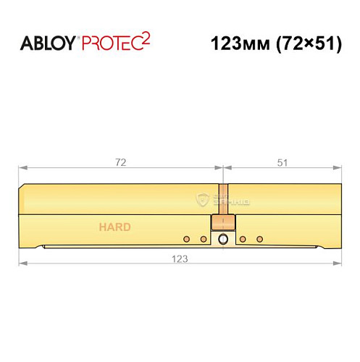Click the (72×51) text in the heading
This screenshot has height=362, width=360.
pyautogui.click(x=308, y=43)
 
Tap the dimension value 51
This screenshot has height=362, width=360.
pyautogui.click(x=282, y=163)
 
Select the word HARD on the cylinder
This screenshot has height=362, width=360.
pyautogui.click(x=115, y=227)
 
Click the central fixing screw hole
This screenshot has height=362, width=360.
pyautogui.click(x=223, y=239)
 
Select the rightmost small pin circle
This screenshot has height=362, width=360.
pyautogui.click(x=259, y=238)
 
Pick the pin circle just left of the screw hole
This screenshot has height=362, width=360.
pyautogui.click(x=204, y=238)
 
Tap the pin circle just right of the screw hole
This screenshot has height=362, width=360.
pyautogui.click(x=243, y=238)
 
